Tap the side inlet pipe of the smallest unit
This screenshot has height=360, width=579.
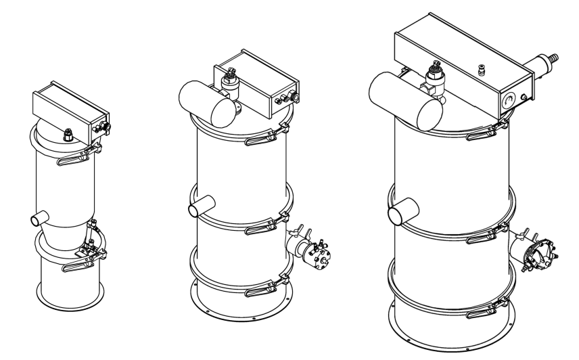click(40, 218)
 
